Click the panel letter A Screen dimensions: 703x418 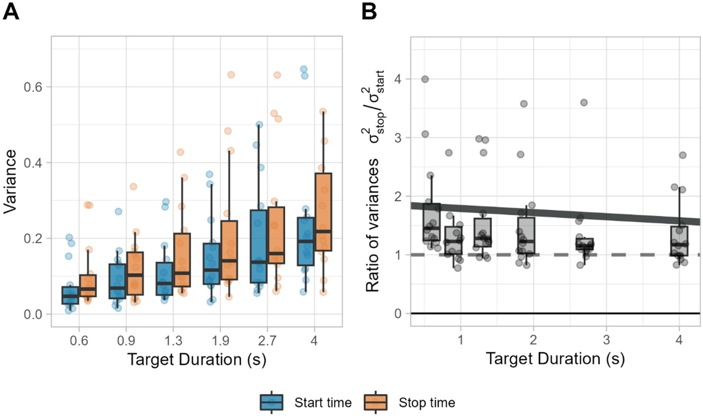11,12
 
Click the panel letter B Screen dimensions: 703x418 369,12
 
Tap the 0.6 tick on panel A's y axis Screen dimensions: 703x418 33,87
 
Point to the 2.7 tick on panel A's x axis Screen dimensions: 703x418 267,341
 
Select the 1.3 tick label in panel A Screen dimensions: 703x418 173,341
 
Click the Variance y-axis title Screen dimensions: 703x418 10,182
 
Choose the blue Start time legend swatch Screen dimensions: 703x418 271,402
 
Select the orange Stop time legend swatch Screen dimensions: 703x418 375,402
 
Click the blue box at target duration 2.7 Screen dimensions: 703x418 259,246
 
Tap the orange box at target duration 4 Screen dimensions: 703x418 323,212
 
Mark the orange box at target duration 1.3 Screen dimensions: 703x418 182,260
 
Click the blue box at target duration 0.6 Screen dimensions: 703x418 70,295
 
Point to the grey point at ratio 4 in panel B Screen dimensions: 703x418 425,79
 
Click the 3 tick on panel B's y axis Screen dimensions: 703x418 398,138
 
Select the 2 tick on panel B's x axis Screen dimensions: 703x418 533,340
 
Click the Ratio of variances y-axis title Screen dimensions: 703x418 375,182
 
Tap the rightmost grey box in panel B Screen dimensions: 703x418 679,241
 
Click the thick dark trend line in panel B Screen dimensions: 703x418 555,213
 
